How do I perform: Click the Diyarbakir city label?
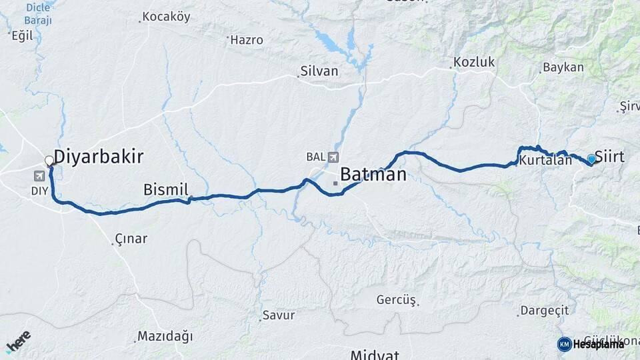click(99, 157)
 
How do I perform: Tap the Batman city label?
click(373, 175)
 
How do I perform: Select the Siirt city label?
click(609, 157)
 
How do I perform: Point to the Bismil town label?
click(166, 190)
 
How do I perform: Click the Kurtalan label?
click(545, 161)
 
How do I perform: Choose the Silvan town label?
click(319, 71)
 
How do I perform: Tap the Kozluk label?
click(474, 62)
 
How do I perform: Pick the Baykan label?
click(563, 67)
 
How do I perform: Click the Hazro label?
click(247, 40)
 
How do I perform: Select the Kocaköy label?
click(166, 17)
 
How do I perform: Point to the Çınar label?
click(131, 239)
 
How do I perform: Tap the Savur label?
click(279, 315)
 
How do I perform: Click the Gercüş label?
click(396, 300)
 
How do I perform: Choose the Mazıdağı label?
click(165, 335)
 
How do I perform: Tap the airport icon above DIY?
click(39, 176)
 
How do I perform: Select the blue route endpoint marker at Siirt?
click(591, 159)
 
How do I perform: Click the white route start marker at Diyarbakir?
click(49, 161)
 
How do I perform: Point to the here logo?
click(18, 341)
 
